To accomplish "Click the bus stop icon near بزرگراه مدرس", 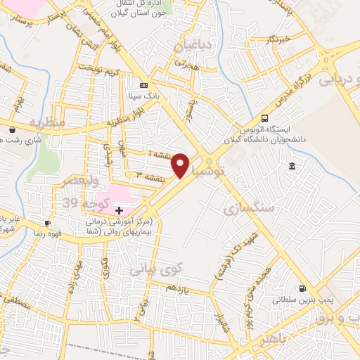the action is (x=264, y=117).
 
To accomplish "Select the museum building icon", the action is (x=292, y=166).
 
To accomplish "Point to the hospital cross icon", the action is (x=119, y=210).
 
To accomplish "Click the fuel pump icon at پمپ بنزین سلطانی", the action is (x=302, y=288).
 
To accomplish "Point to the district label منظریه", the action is (x=46, y=122).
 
